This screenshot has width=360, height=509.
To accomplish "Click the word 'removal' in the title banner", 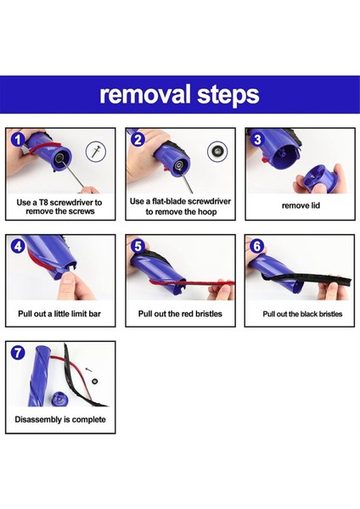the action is pyautogui.click(x=145, y=94).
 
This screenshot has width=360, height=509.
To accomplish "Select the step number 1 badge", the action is pyautogui.click(x=18, y=140).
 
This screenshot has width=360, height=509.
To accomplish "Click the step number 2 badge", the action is pyautogui.click(x=138, y=139).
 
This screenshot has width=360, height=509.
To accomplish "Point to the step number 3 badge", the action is pyautogui.click(x=257, y=139).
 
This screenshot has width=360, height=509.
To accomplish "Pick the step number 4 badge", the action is pyautogui.click(x=18, y=246).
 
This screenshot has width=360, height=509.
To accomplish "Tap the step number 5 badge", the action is pyautogui.click(x=138, y=246).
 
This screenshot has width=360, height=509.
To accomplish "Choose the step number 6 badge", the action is pyautogui.click(x=257, y=246).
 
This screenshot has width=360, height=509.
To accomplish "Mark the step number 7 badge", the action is pyautogui.click(x=18, y=353).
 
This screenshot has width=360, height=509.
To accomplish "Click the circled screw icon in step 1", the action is pyautogui.click(x=96, y=152).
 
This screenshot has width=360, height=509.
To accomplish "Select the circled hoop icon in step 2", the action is pyautogui.click(x=217, y=151).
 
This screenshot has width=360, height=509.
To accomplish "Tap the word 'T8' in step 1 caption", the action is pyautogui.click(x=44, y=203).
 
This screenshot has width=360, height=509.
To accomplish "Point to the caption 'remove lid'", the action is pyautogui.click(x=301, y=205).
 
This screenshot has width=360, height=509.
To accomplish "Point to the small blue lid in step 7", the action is pyautogui.click(x=59, y=399).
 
